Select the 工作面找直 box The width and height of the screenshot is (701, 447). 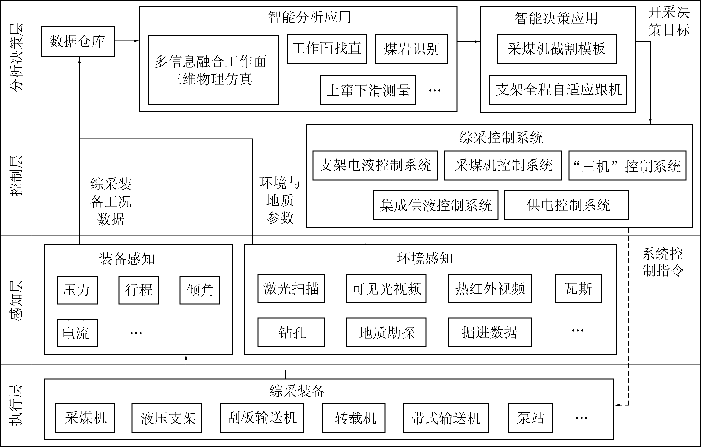[327, 49]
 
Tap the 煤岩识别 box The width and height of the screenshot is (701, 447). [411, 49]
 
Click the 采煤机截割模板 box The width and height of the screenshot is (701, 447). [557, 49]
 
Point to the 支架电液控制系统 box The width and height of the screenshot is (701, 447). [375, 165]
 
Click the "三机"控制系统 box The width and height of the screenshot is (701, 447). [627, 165]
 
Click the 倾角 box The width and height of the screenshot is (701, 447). [200, 290]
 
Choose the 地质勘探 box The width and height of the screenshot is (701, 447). [386, 332]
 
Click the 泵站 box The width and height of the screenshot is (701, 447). [530, 418]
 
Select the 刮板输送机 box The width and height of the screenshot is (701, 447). [261, 418]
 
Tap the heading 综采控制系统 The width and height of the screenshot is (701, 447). [501, 137]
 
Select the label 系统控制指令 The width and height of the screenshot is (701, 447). [663, 262]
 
